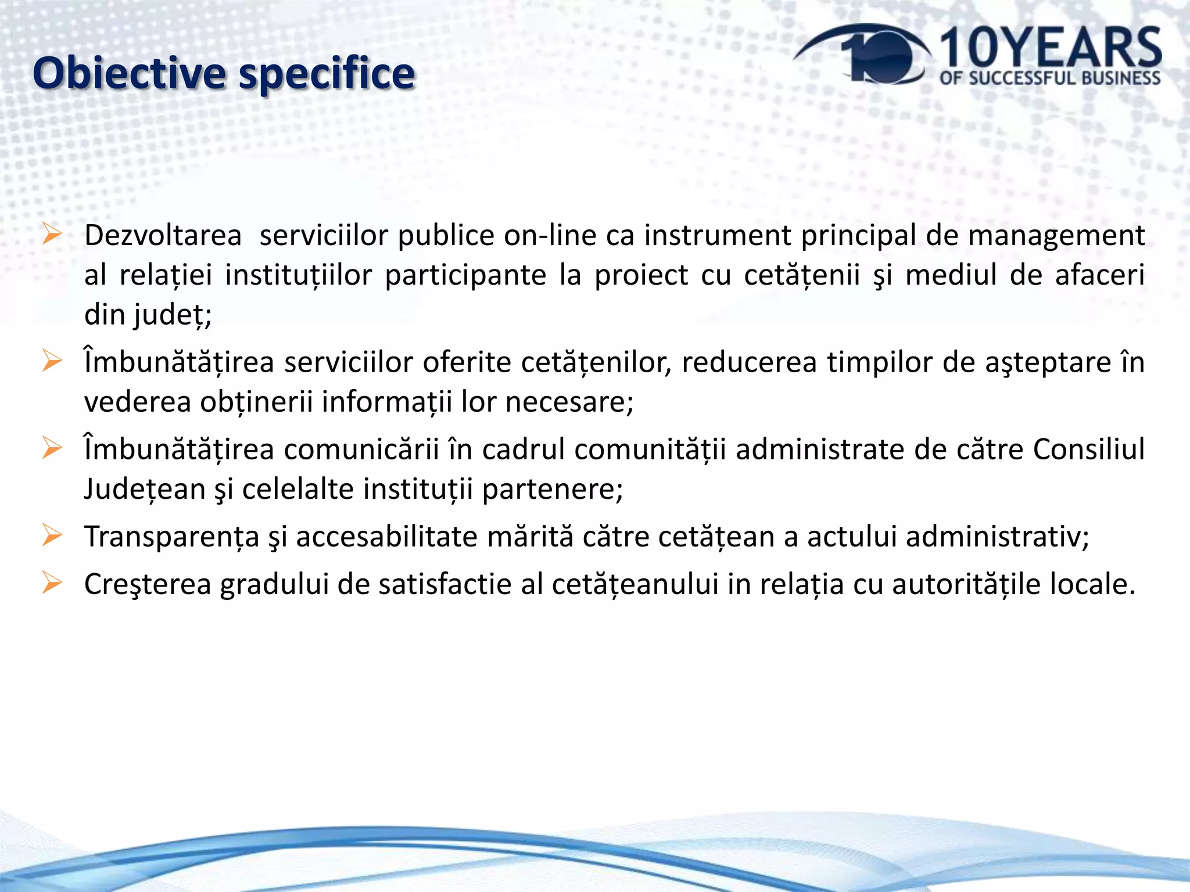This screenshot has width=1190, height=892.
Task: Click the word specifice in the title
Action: (x=327, y=74)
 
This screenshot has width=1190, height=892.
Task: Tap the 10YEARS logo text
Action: (x=1049, y=49)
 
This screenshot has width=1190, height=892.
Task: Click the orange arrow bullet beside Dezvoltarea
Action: (x=52, y=235)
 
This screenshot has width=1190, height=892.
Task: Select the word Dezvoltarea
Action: (x=163, y=236)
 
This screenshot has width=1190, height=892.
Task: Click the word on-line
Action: (x=550, y=236)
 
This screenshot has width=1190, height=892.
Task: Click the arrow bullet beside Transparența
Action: (x=52, y=535)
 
